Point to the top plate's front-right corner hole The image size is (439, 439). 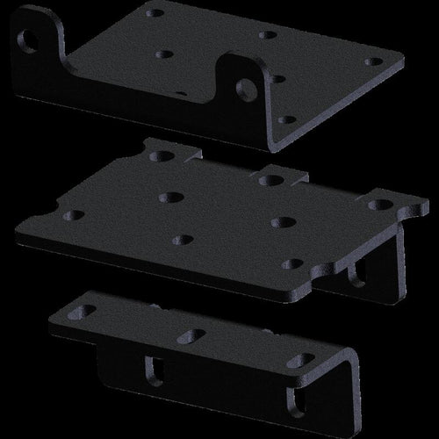click(283, 119)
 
